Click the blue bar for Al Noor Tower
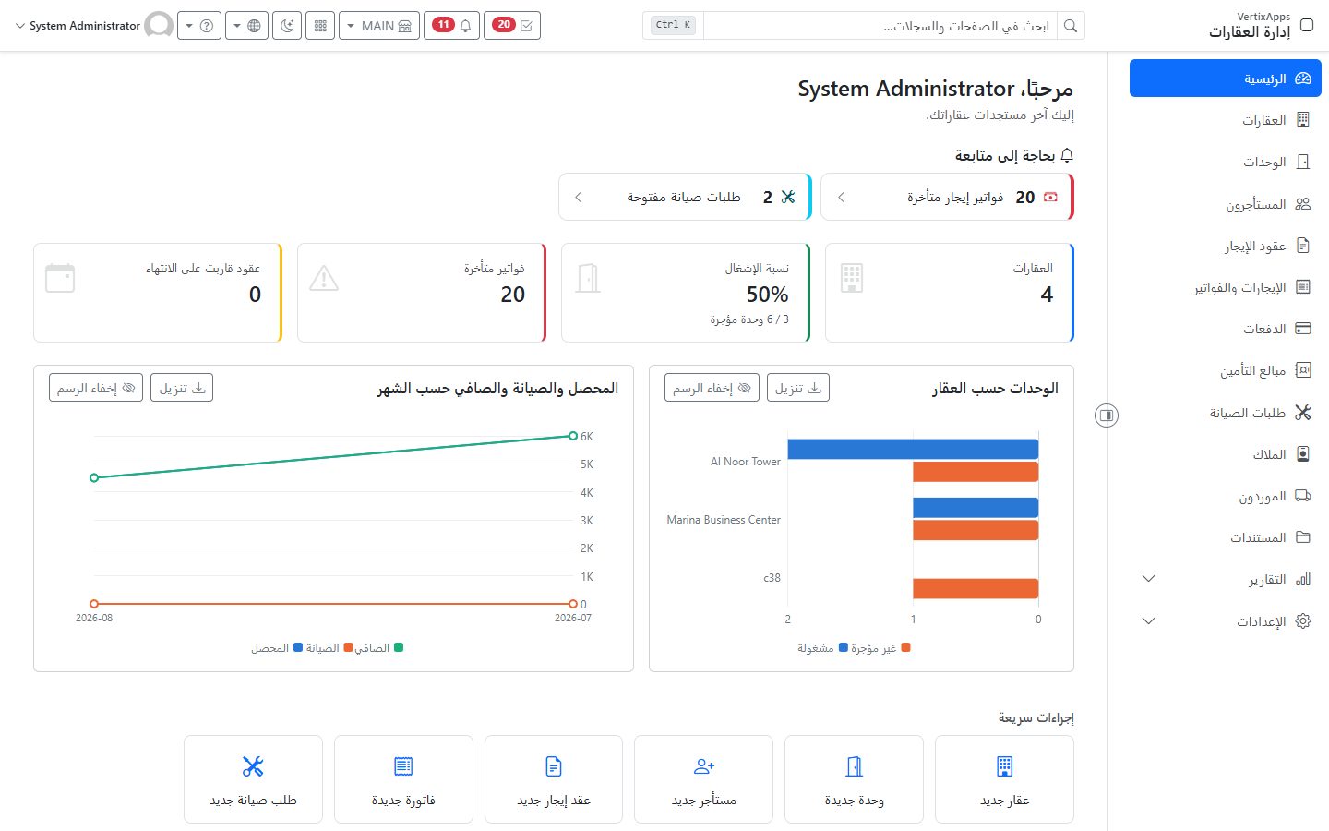(913, 449)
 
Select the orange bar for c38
(976, 588)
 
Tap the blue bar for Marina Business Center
(976, 508)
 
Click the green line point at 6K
(572, 436)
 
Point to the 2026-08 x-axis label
(94, 618)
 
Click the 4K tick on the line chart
(587, 493)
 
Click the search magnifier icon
(1071, 26)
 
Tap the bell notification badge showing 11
(443, 25)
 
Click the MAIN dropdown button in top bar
(379, 26)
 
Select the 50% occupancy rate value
(767, 295)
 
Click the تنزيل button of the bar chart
(798, 388)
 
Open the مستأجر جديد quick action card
(703, 779)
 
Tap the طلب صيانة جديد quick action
(253, 779)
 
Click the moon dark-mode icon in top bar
(287, 26)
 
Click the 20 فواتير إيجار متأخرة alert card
(947, 197)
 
